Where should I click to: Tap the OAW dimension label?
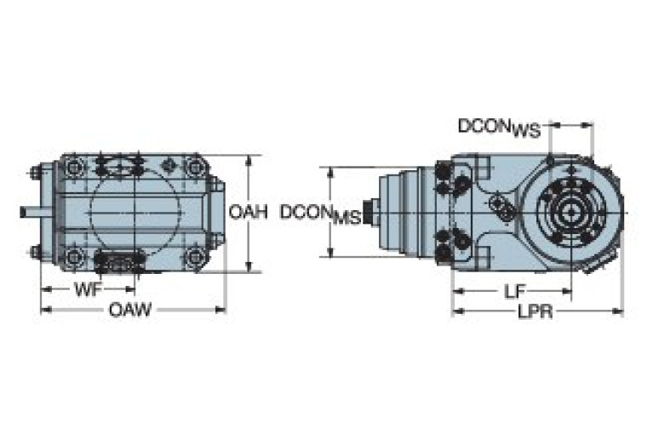tap(129, 311)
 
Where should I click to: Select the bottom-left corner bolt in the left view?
tap(73, 255)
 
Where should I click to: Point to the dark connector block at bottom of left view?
tap(119, 264)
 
